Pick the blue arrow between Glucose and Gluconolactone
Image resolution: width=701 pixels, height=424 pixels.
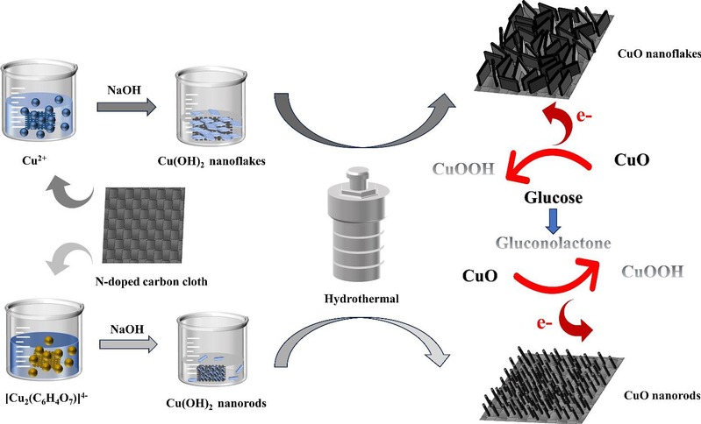point(552,220)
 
